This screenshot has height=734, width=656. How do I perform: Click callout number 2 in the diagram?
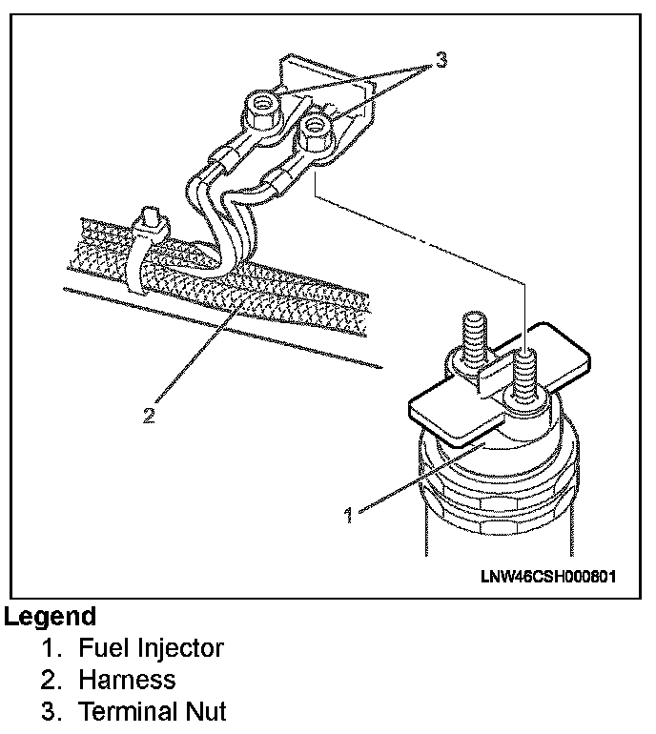tap(148, 417)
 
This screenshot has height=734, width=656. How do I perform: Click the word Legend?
tap(51, 617)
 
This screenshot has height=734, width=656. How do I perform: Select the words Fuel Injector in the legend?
tap(151, 648)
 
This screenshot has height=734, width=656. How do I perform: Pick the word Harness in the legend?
tap(127, 680)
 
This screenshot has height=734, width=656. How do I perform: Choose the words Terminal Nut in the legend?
tap(153, 711)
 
